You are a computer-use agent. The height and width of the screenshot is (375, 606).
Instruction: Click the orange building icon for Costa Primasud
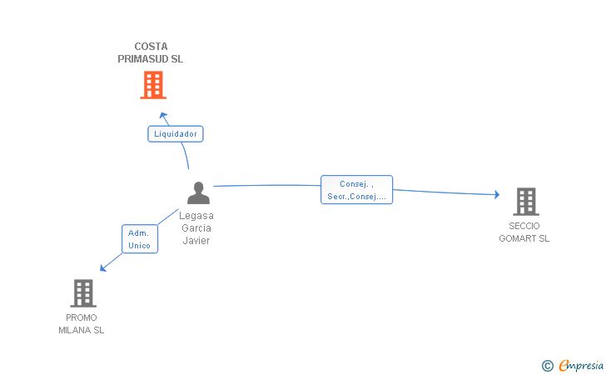click(x=152, y=85)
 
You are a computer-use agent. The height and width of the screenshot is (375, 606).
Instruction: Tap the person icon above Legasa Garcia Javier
click(x=198, y=192)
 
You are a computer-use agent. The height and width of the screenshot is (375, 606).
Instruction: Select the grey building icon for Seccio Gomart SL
click(x=525, y=202)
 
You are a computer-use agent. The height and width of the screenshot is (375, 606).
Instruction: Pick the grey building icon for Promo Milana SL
click(x=82, y=292)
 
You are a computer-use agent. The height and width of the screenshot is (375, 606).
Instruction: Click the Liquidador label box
click(x=176, y=133)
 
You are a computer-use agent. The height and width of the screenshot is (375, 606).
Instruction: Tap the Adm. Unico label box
click(x=139, y=239)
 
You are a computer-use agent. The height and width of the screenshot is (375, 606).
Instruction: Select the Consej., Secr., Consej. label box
click(x=356, y=190)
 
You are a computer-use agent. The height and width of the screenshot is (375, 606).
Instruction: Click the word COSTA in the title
click(x=151, y=47)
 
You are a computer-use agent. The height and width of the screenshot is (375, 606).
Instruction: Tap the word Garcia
click(x=196, y=228)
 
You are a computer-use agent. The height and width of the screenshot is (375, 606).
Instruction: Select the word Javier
click(x=196, y=241)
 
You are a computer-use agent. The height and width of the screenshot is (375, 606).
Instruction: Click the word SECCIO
click(x=524, y=226)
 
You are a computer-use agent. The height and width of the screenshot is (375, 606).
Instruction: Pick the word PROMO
click(x=82, y=317)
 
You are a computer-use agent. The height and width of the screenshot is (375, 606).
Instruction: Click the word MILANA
click(x=75, y=330)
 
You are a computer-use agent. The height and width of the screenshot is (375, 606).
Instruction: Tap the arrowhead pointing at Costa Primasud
click(x=164, y=114)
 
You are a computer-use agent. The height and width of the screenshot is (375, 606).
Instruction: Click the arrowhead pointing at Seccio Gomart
click(x=496, y=195)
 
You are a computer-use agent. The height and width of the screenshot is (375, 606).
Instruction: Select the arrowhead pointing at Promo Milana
click(x=103, y=267)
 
